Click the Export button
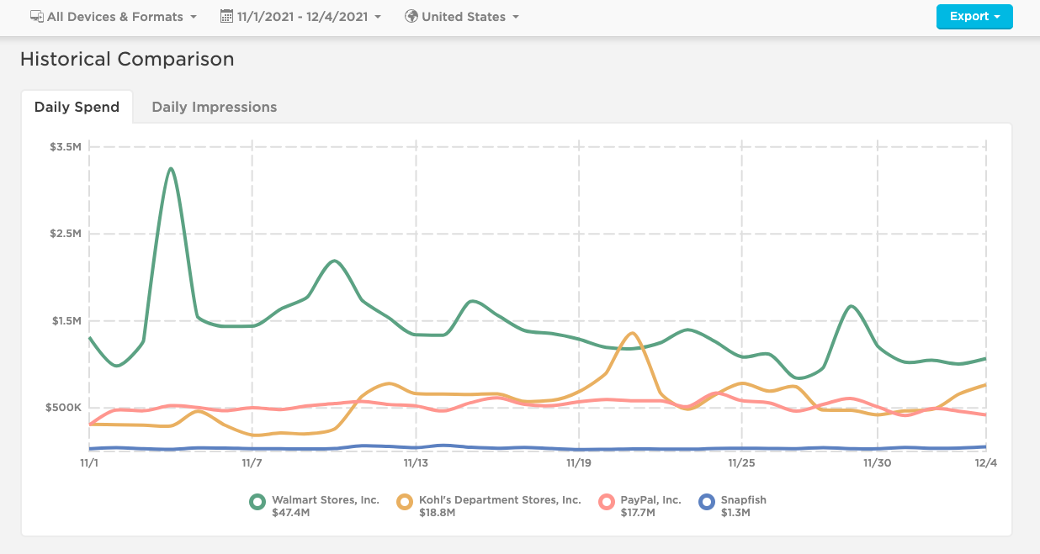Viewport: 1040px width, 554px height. click(974, 17)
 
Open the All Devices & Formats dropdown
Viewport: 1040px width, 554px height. click(114, 17)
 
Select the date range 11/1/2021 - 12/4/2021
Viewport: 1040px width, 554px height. click(300, 17)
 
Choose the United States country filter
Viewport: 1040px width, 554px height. click(462, 17)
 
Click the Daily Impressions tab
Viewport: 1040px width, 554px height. click(214, 107)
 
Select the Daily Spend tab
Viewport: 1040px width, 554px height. click(77, 107)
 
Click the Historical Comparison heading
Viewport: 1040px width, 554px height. click(127, 59)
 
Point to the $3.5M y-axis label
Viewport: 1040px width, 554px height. click(65, 146)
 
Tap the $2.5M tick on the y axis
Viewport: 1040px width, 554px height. click(65, 234)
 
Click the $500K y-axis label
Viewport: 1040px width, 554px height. click(65, 408)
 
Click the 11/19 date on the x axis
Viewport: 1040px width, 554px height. click(579, 463)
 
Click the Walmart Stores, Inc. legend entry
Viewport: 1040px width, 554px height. click(325, 500)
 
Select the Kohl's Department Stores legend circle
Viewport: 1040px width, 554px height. click(406, 502)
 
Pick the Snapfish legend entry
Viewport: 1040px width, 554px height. click(743, 500)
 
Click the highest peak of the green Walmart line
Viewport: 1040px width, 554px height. click(171, 169)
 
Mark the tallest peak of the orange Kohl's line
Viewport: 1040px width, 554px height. click(632, 333)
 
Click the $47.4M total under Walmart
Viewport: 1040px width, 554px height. click(290, 513)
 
